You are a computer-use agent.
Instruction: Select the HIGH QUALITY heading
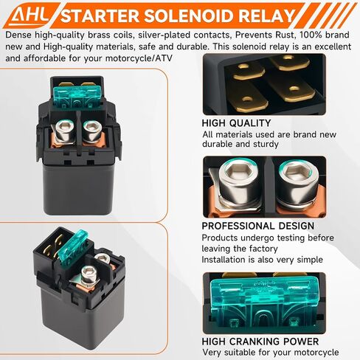pos(236,123)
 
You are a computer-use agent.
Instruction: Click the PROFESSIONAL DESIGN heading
pos(258,226)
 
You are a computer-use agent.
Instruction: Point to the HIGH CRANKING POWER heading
pos(260,342)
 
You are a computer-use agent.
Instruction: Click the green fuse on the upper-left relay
pos(77,97)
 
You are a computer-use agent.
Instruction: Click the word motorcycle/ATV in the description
pos(139,58)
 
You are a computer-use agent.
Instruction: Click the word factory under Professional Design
pos(263,249)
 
